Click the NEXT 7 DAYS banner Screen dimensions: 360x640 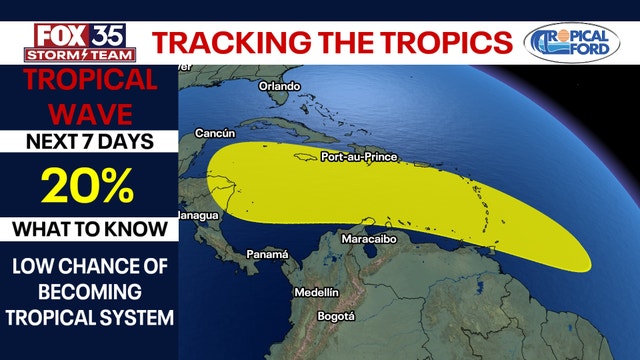click(90, 141)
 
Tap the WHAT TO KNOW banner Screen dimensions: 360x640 click(90, 229)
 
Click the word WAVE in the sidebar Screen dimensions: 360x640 click(90, 108)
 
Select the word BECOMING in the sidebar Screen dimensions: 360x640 click(90, 294)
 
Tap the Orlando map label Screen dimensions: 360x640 click(280, 87)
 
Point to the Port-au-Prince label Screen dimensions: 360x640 click(359, 157)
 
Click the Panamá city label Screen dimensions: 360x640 click(267, 255)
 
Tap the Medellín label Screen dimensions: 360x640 click(317, 292)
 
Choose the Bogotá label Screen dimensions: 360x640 click(335, 316)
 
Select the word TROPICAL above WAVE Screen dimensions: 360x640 click(90, 80)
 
